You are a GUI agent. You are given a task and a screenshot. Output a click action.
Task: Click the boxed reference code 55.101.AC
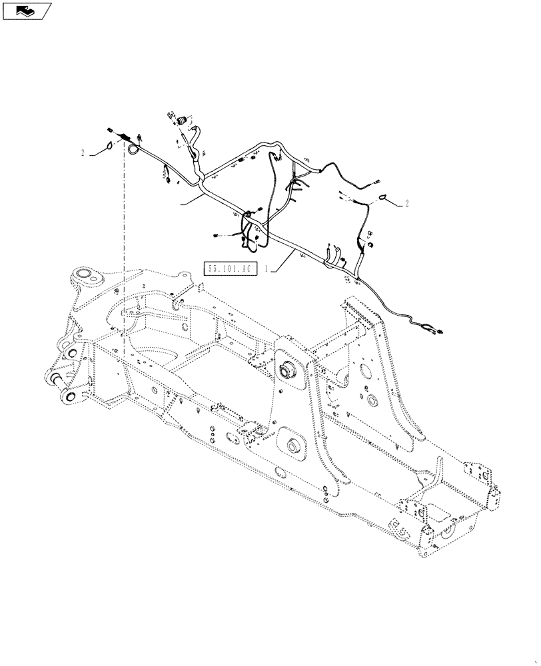click(x=230, y=270)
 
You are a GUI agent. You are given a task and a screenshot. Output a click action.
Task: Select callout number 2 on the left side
click(x=83, y=153)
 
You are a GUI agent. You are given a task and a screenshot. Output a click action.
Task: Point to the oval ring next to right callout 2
click(x=386, y=196)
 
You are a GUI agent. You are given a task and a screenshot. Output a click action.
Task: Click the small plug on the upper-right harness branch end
click(x=377, y=178)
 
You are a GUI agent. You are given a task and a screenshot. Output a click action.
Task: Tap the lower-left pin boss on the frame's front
click(x=68, y=397)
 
